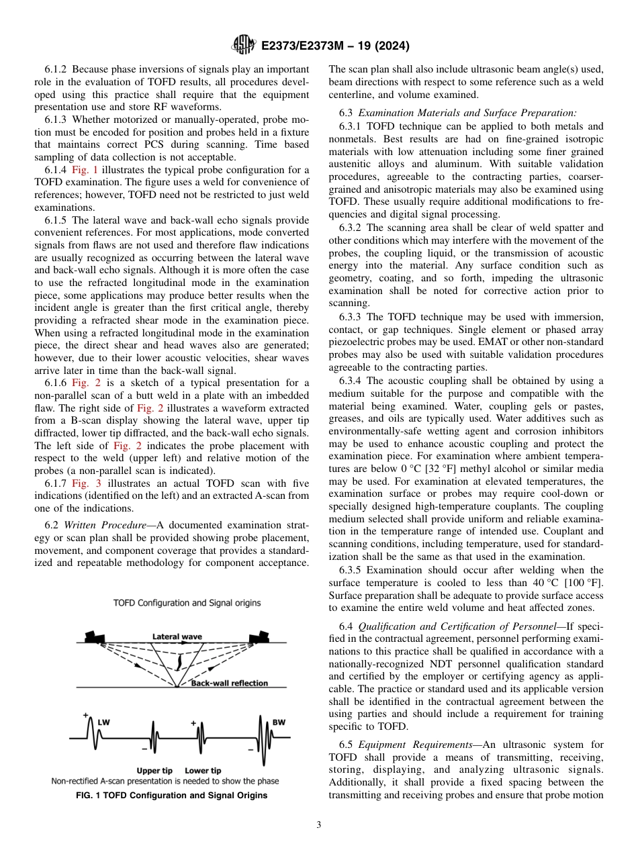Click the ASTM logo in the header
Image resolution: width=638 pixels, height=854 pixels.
(243, 45)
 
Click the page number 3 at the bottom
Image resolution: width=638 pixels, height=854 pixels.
(318, 824)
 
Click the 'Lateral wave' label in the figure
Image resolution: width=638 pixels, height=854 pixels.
(177, 636)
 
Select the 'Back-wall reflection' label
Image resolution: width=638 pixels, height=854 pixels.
(229, 683)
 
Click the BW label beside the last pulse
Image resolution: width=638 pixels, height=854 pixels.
(278, 722)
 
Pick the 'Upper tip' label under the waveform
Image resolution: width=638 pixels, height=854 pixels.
(154, 770)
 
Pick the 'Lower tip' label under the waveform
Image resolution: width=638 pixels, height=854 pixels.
(202, 770)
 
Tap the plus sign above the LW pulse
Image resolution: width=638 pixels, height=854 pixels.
(86, 716)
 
